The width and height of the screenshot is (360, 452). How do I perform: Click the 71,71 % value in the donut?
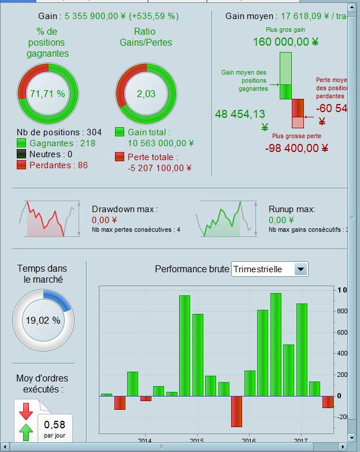click(47, 94)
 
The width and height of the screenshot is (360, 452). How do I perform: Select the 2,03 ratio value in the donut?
click(146, 94)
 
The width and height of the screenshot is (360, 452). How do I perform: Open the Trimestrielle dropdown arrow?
click(300, 269)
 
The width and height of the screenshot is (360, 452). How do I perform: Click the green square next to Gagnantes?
click(21, 143)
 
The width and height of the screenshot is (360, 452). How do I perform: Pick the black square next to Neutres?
click(21, 154)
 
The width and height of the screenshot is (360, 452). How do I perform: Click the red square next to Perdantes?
click(21, 165)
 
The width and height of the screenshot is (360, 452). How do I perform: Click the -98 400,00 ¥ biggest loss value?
click(296, 148)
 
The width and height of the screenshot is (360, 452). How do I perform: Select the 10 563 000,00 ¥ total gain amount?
click(161, 143)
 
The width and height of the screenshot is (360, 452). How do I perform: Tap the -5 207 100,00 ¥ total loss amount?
click(159, 168)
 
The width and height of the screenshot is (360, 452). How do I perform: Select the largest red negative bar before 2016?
click(236, 411)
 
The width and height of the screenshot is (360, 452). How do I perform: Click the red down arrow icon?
click(26, 412)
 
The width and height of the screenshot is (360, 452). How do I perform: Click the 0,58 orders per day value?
click(55, 425)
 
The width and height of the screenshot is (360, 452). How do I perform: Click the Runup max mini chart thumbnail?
click(227, 218)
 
